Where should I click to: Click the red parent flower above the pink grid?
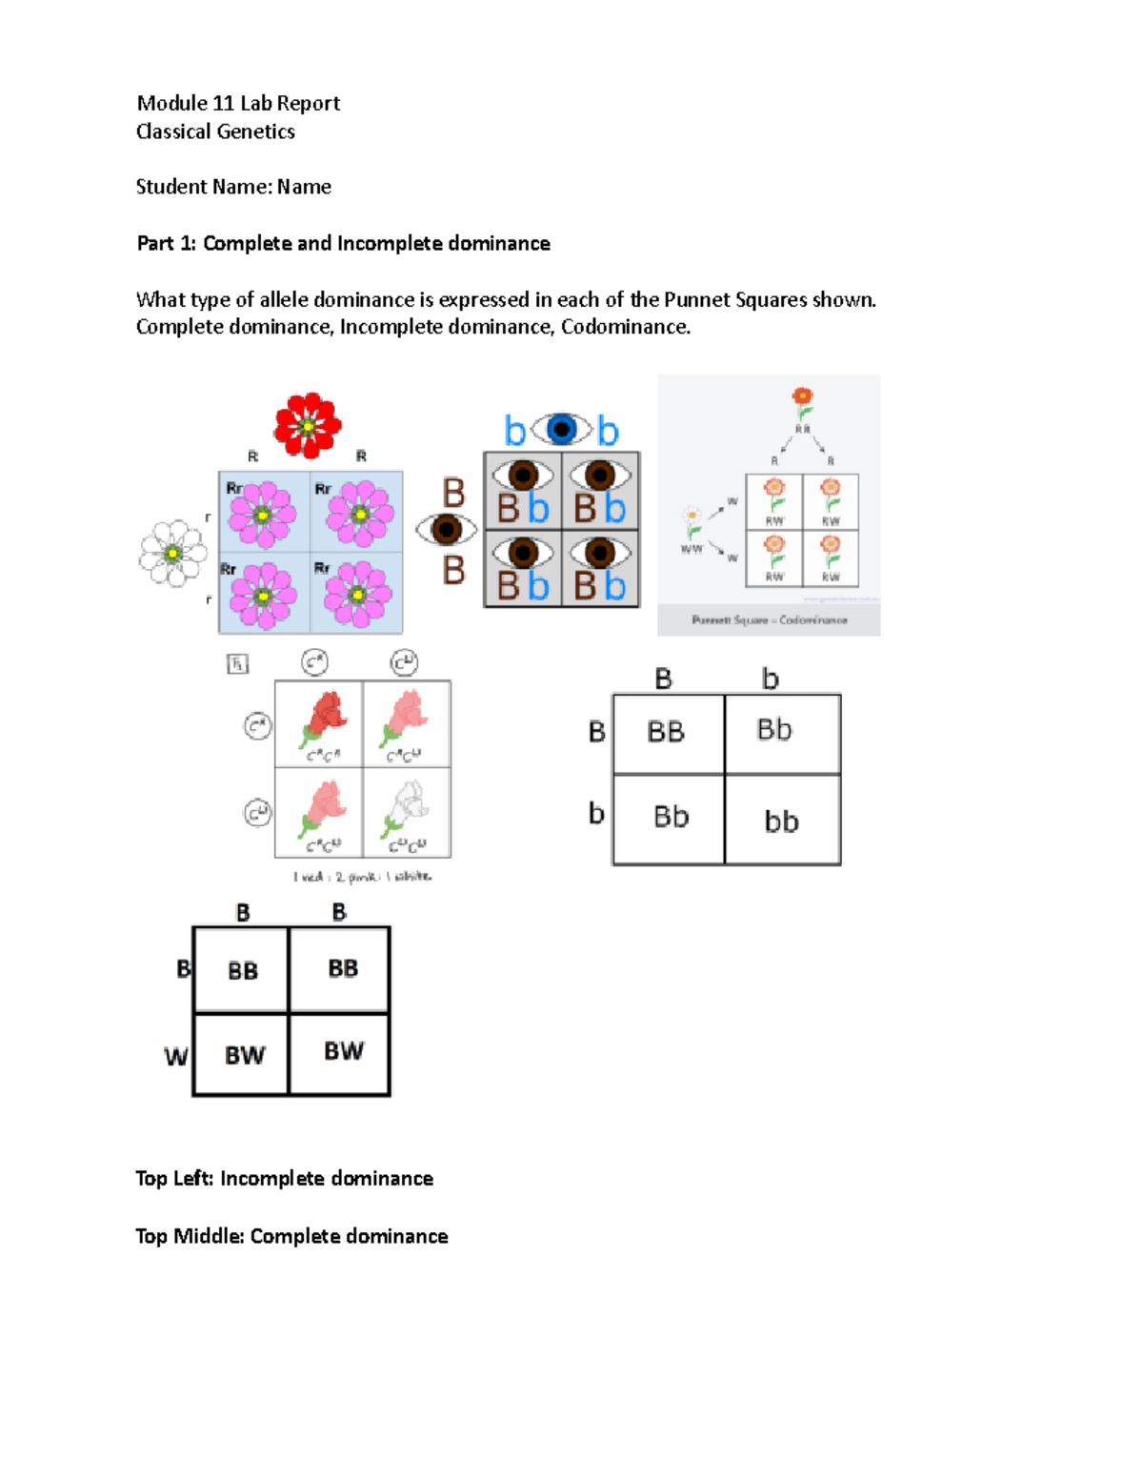point(307,425)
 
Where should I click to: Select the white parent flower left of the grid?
point(172,554)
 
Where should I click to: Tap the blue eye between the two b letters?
point(561,430)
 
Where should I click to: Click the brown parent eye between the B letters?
point(446,529)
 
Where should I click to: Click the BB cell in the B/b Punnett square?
point(666,732)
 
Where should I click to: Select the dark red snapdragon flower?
point(324,717)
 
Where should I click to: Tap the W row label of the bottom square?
point(176,1056)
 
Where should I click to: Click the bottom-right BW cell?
point(343,1051)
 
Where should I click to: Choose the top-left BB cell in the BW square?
point(243,970)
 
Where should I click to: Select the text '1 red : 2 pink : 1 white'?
point(362,876)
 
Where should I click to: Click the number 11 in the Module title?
point(224,103)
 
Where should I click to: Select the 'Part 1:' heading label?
point(167,243)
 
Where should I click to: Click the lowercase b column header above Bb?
point(771,679)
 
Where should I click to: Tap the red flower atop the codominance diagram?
point(803,398)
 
